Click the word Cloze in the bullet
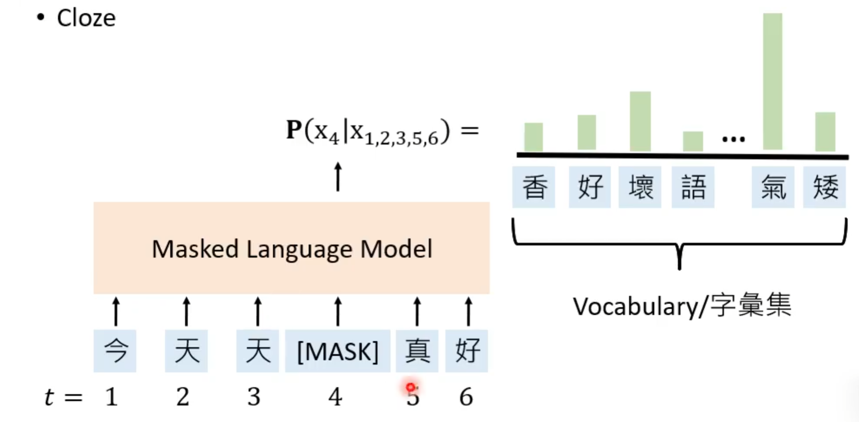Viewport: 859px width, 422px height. click(86, 18)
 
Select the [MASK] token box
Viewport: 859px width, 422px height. click(337, 351)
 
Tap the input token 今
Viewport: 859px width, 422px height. click(115, 351)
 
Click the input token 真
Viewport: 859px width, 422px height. click(417, 351)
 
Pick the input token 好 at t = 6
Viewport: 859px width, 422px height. click(466, 351)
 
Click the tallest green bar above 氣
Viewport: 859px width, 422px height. click(772, 82)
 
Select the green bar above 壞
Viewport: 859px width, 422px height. click(640, 121)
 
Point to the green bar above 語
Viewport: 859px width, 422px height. click(693, 141)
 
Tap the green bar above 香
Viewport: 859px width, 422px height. click(534, 137)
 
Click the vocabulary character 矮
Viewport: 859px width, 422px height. click(825, 187)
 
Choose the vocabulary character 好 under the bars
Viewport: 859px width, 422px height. click(590, 187)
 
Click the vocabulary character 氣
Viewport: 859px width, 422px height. click(773, 187)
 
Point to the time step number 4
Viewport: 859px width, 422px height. click(335, 397)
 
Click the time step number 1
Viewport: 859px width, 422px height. click(111, 397)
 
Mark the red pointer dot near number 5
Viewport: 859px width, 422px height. click(410, 387)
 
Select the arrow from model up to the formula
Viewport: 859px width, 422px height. click(338, 176)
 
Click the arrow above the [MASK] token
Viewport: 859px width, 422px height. click(338, 311)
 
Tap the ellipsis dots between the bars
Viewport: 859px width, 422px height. click(733, 140)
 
